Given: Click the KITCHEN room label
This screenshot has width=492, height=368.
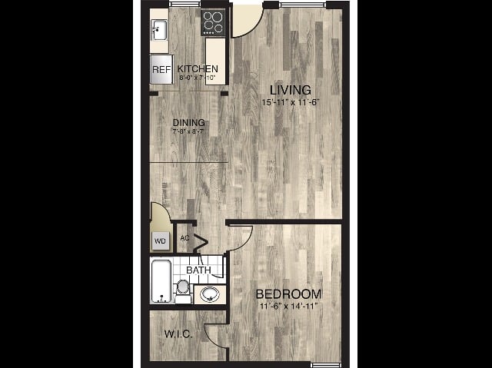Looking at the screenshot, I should (x=198, y=69).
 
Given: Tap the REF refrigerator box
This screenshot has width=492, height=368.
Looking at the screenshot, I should (x=161, y=70).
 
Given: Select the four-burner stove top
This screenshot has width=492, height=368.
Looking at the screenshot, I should (x=213, y=22).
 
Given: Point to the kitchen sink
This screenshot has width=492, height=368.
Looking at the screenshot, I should (x=158, y=31).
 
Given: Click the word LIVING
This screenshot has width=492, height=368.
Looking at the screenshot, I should (x=284, y=91).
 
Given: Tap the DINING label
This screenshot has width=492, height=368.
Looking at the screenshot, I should (x=188, y=122).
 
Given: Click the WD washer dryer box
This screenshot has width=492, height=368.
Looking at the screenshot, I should (x=161, y=240).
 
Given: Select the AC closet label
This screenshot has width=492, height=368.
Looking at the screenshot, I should (x=184, y=237).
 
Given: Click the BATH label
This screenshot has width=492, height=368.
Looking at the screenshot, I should (x=198, y=270).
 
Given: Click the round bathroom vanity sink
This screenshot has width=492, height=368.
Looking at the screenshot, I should (x=209, y=293).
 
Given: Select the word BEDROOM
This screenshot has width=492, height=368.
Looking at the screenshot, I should (x=288, y=294).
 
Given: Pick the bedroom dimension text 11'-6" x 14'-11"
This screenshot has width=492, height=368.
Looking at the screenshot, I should (x=288, y=307).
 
